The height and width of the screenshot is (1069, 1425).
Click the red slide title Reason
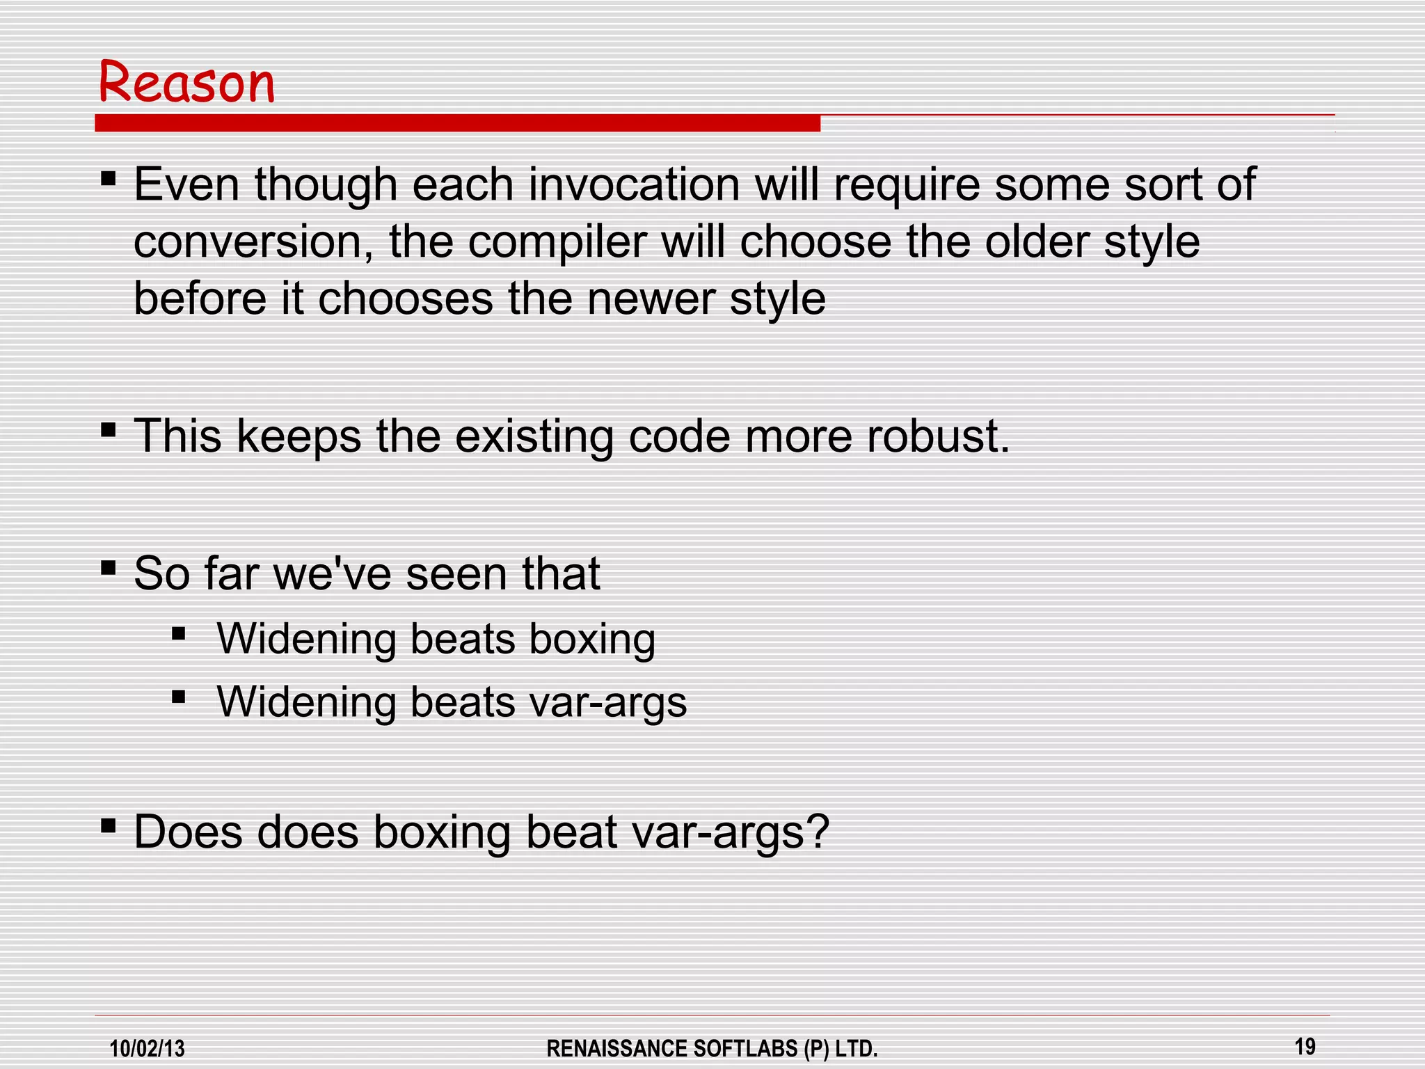[x=186, y=83]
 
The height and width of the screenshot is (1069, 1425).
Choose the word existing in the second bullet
[x=534, y=436]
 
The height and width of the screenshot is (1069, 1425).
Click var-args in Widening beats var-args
[x=607, y=702]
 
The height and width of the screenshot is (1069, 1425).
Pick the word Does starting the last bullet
[x=188, y=832]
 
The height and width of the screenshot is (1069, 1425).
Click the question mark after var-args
[x=818, y=832]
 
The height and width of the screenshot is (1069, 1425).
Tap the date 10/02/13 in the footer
[x=148, y=1048]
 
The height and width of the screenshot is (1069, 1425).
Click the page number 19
[x=1305, y=1046]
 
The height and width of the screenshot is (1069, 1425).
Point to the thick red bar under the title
[x=457, y=124]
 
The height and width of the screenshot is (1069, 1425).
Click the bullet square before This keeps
[x=108, y=429]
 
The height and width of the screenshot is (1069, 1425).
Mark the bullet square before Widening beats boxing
[x=179, y=633]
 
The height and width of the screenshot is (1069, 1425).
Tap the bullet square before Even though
[x=108, y=178]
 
